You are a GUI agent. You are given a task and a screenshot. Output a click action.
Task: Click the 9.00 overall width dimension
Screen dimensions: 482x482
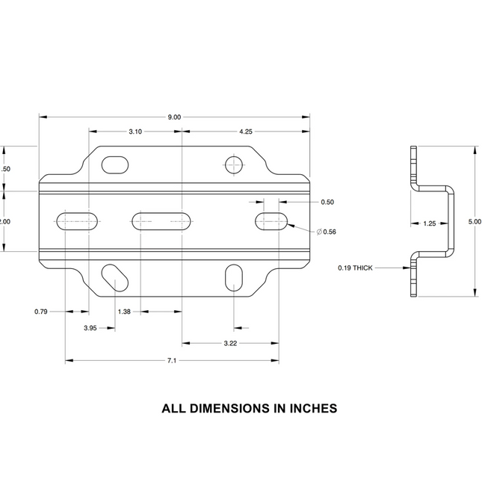174,117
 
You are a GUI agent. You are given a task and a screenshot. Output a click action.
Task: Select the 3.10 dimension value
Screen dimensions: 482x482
135,132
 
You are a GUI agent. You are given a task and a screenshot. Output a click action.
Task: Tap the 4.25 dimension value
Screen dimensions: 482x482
246,132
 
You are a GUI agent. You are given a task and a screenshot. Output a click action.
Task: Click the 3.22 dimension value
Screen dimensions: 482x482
230,343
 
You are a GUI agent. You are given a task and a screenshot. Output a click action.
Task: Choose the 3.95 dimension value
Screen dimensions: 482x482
90,328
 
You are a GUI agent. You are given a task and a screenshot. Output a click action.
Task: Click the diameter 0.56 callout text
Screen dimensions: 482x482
327,232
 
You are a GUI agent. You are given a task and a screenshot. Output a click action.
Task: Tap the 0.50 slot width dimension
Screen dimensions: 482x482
327,202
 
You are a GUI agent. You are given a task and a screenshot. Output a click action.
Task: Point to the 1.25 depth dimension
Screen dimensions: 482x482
429,223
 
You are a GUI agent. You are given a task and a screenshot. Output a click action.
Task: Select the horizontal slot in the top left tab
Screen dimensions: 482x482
114,164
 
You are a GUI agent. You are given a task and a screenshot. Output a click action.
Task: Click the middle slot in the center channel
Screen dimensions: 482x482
161,220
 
